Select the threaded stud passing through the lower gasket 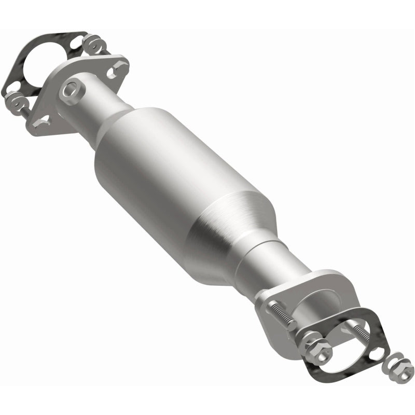[x=361, y=332]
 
